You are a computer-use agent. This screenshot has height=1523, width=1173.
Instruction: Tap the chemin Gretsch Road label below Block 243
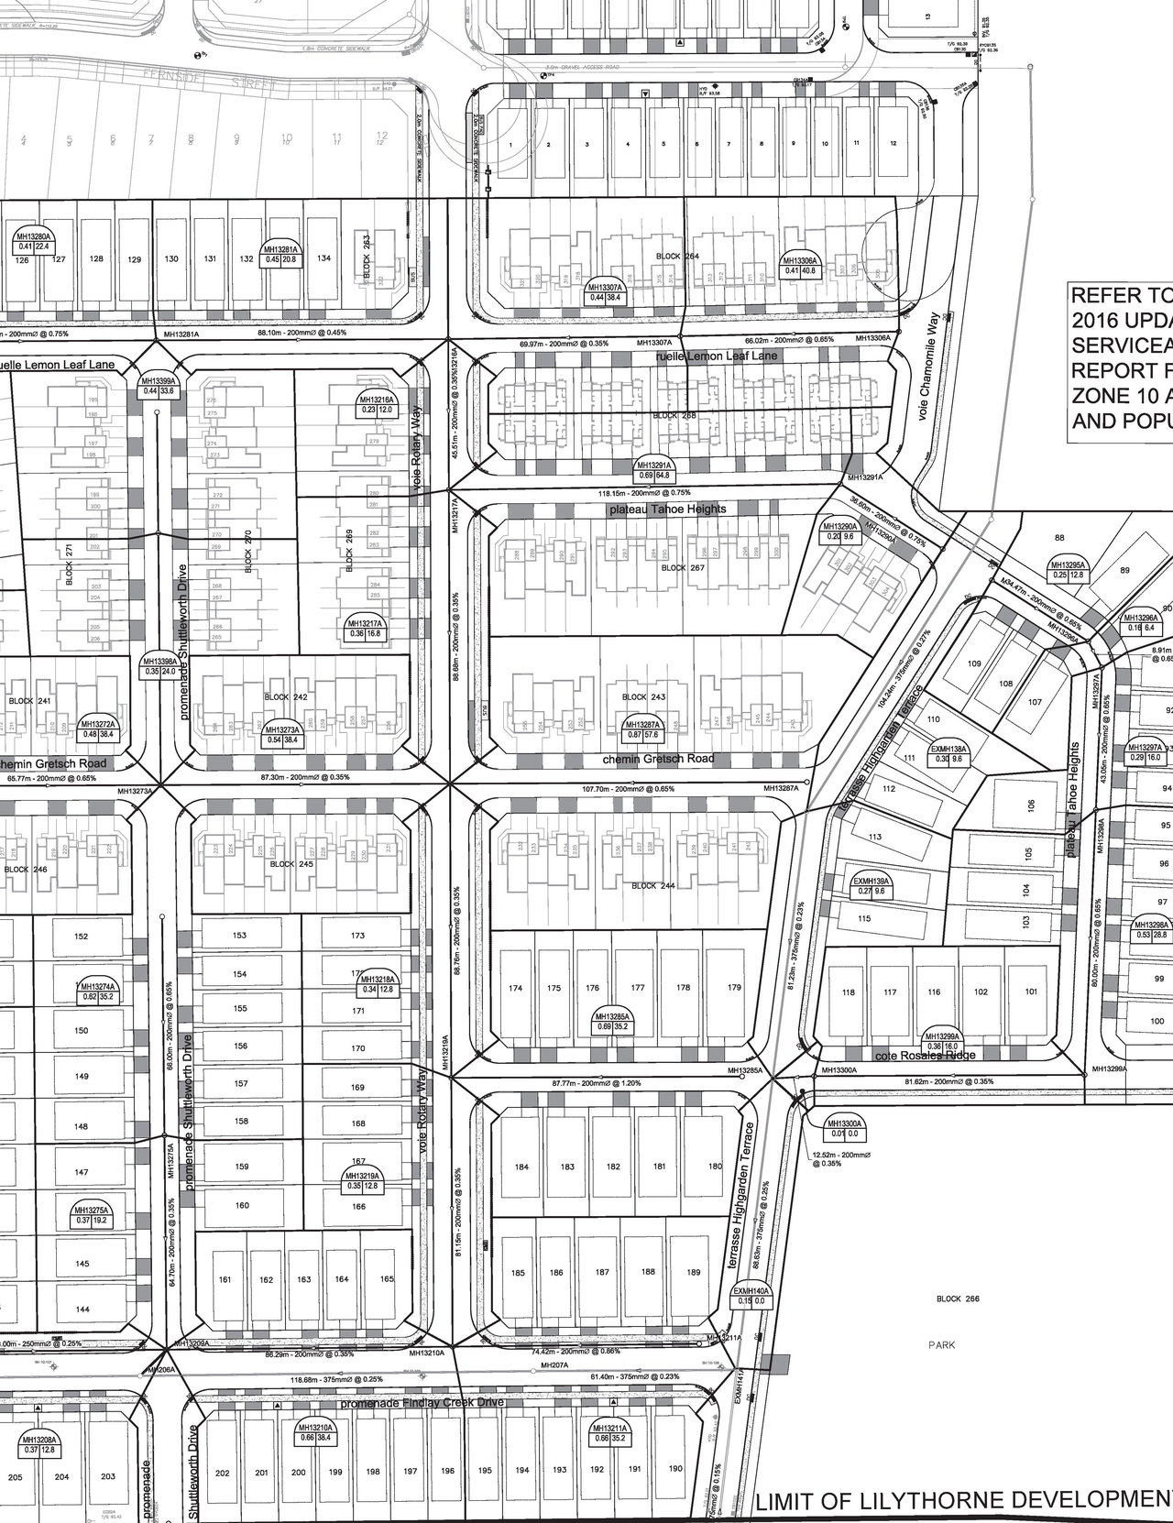click(658, 759)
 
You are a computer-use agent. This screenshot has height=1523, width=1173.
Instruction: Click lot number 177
click(638, 988)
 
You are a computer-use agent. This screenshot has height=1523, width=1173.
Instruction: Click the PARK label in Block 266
click(940, 1345)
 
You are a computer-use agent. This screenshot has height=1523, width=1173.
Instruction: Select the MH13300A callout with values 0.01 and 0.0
click(845, 1128)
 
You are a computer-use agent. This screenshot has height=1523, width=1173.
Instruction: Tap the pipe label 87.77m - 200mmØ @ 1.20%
click(596, 1083)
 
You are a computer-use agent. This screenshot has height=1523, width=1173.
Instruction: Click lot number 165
click(387, 1279)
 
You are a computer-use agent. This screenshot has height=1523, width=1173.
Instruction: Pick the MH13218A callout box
click(378, 984)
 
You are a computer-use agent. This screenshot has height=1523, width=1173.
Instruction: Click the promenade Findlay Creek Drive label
click(422, 1403)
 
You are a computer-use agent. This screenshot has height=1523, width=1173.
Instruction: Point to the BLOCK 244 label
click(653, 886)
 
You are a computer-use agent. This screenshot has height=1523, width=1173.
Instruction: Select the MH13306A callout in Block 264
click(799, 265)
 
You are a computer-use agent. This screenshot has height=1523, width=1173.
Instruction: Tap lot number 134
click(323, 258)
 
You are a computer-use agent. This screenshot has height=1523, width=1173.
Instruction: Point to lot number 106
click(1031, 805)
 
